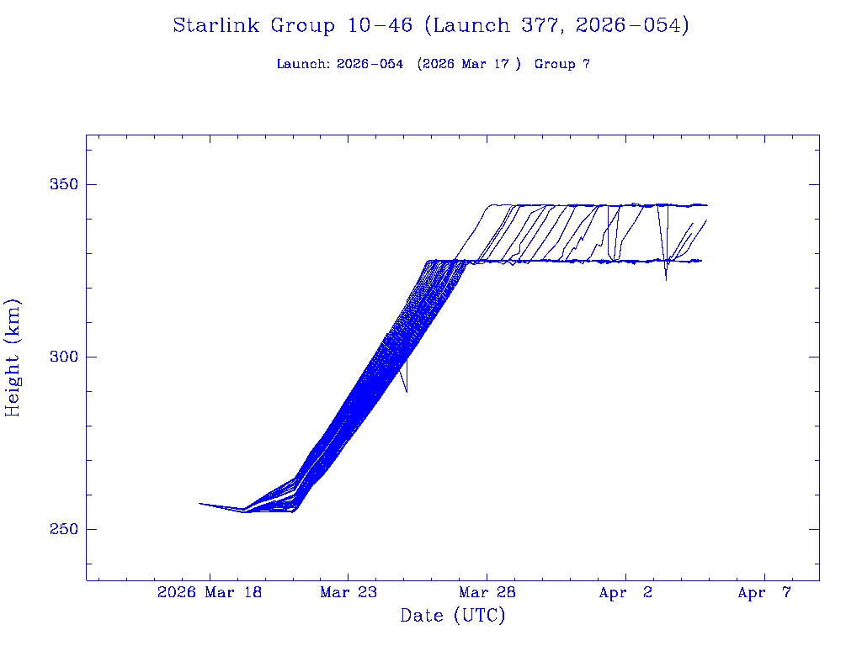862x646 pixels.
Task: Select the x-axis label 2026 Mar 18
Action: pos(210,593)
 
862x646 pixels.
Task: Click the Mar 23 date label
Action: pos(348,593)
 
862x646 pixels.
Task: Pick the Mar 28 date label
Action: pos(487,593)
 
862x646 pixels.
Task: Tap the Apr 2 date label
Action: pos(625,593)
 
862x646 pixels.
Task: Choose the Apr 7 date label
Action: pos(764,593)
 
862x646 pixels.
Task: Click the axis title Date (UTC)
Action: pos(453,617)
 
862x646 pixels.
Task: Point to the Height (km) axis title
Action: pos(13,357)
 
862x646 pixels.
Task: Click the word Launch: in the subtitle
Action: pos(303,65)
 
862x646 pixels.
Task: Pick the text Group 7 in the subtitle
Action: pos(561,65)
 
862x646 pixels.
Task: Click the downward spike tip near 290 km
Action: pos(407,392)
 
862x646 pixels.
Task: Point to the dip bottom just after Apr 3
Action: pos(666,279)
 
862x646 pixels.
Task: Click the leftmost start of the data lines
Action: pos(200,503)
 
